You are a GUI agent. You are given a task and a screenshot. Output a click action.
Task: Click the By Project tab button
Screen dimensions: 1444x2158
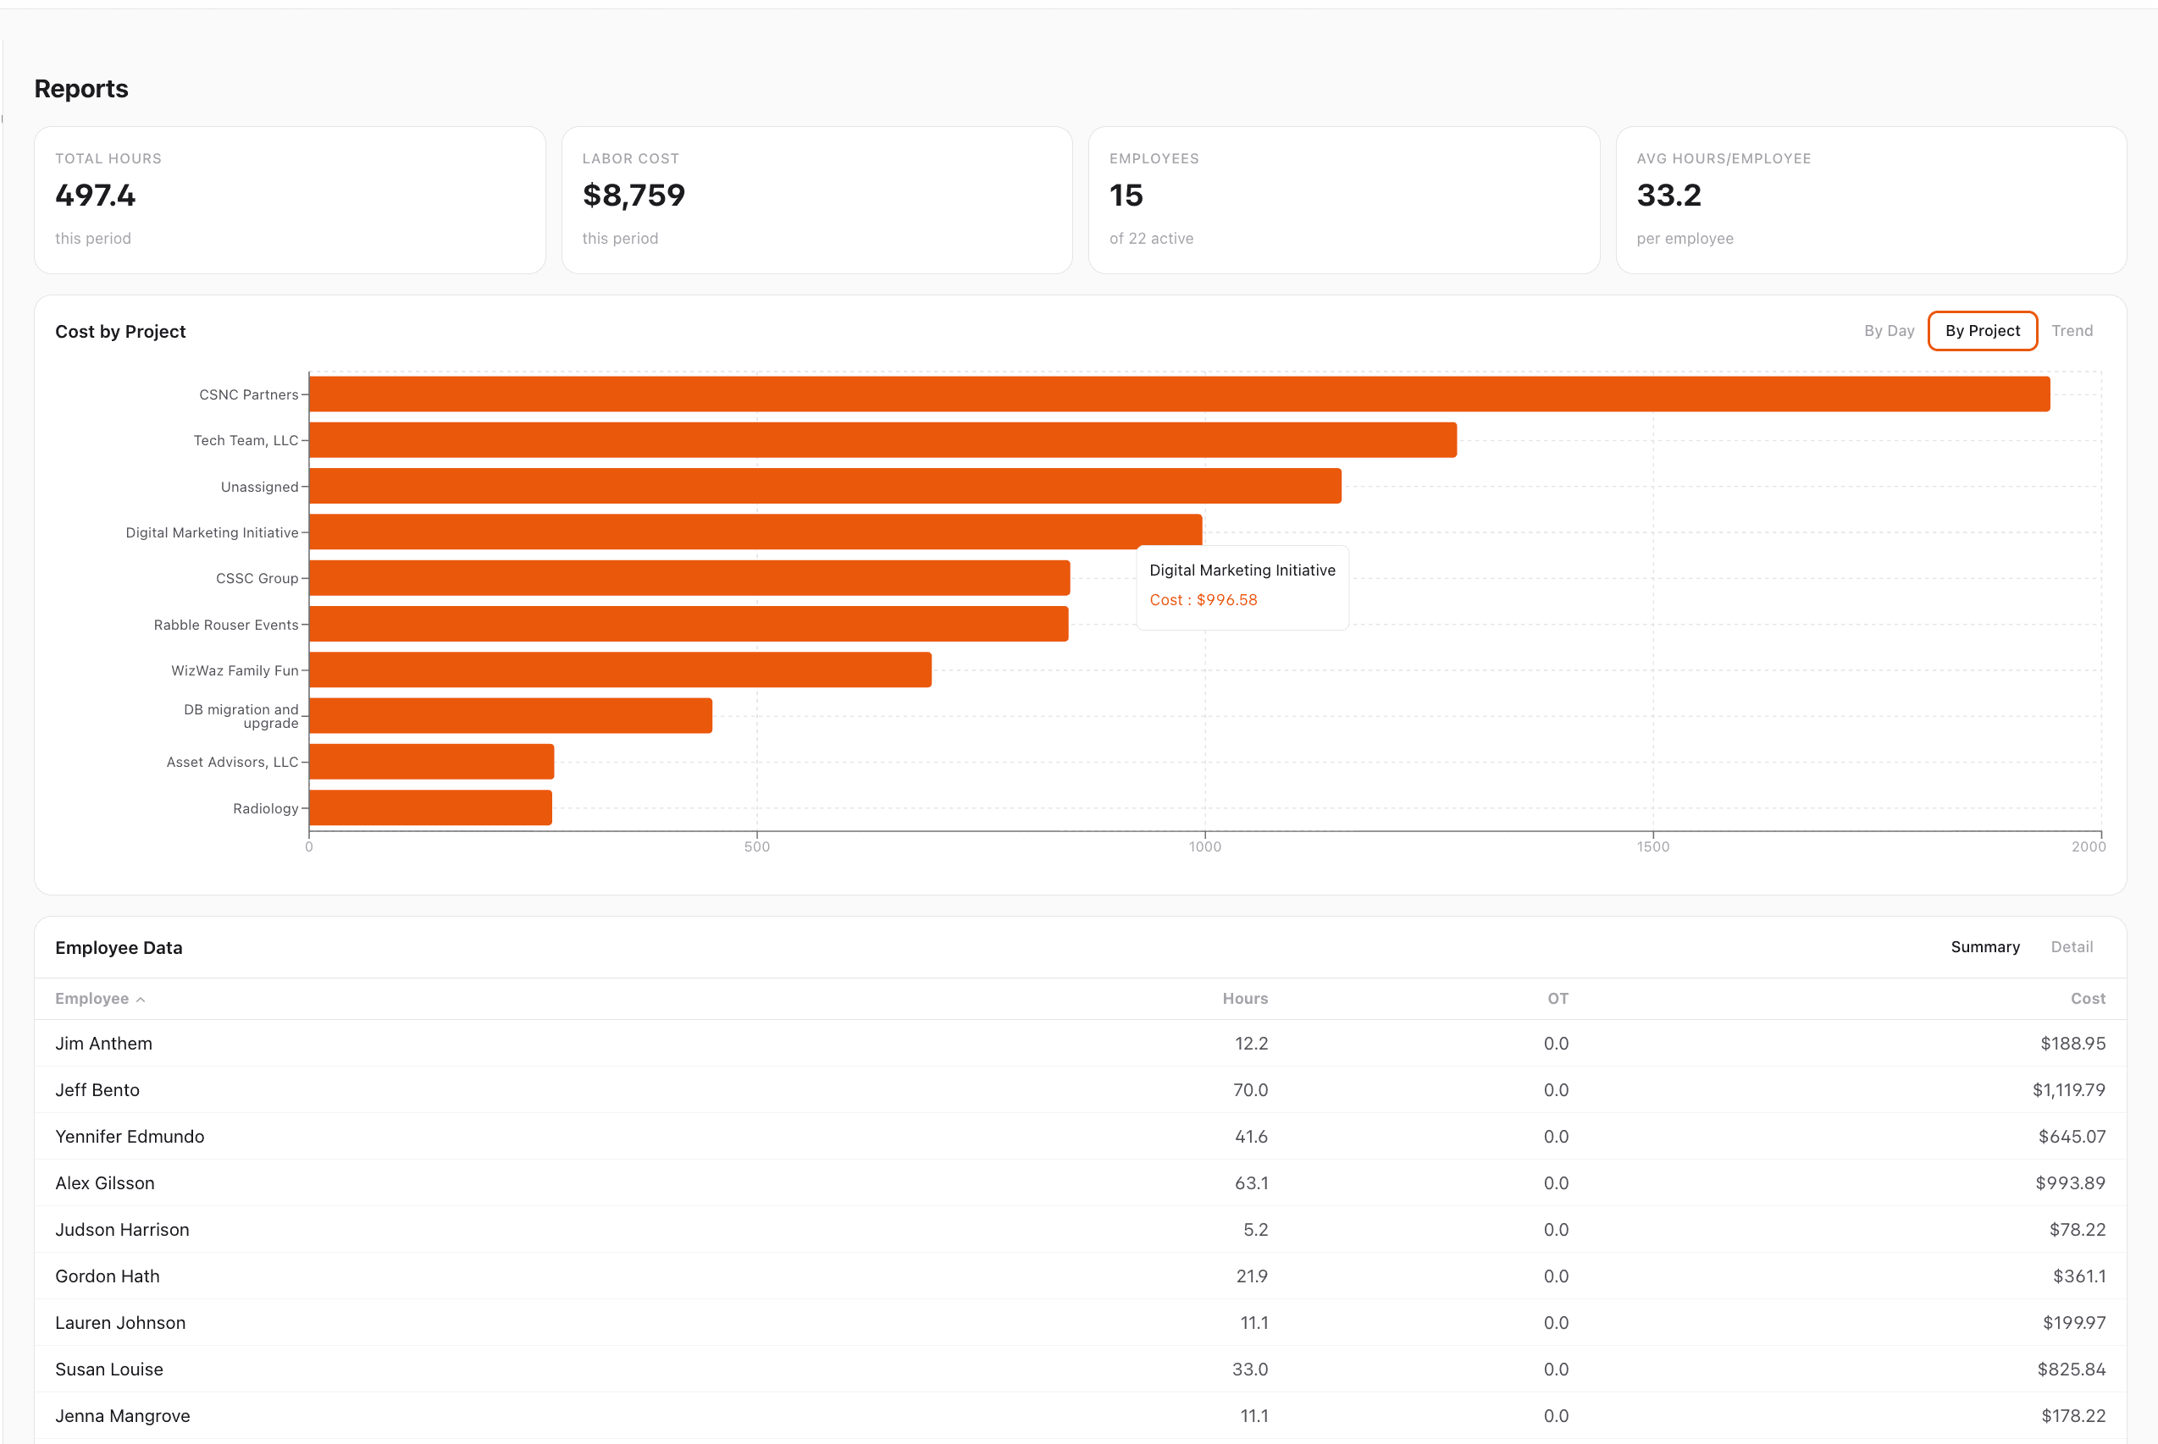(1982, 331)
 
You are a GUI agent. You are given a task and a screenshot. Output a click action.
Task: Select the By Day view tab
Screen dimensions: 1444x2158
(1888, 331)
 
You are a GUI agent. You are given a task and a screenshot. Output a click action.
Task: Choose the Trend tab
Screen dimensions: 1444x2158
(2072, 331)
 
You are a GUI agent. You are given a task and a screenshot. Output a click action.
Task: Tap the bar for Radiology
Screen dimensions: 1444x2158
(430, 807)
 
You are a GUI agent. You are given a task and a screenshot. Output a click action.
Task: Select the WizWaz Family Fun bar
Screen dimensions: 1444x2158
(620, 670)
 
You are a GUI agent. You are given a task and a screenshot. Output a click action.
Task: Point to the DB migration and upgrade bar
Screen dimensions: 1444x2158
(511, 715)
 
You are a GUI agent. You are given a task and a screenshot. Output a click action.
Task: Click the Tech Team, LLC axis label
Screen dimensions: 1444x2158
(245, 440)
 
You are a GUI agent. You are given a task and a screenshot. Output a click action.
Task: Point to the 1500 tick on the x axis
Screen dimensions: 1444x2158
(1652, 846)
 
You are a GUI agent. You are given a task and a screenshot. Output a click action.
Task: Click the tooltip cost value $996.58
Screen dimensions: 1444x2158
(1226, 599)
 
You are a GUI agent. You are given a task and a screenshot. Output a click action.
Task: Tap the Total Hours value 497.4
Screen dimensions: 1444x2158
(95, 196)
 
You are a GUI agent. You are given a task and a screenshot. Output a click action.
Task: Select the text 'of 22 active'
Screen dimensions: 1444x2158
(1151, 239)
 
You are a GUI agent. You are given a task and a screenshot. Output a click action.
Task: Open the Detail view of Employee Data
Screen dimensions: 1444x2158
(2072, 946)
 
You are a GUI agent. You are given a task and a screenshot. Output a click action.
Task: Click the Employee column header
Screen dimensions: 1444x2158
(92, 998)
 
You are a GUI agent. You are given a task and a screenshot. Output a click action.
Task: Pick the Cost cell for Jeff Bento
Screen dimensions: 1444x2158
(2067, 1089)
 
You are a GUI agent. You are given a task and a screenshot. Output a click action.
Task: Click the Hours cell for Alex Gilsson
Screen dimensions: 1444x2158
(1250, 1182)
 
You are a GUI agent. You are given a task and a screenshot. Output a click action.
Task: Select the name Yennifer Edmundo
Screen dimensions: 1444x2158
(130, 1137)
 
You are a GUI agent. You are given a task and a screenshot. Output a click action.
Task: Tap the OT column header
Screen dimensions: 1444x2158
(1558, 998)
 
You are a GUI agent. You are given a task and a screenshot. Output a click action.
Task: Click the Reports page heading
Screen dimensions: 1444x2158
(81, 88)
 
